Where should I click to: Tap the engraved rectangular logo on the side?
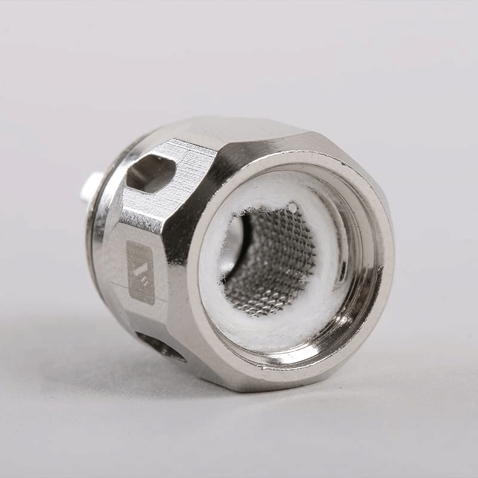140,272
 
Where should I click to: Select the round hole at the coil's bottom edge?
160,346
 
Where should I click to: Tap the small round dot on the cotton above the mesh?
292,207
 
